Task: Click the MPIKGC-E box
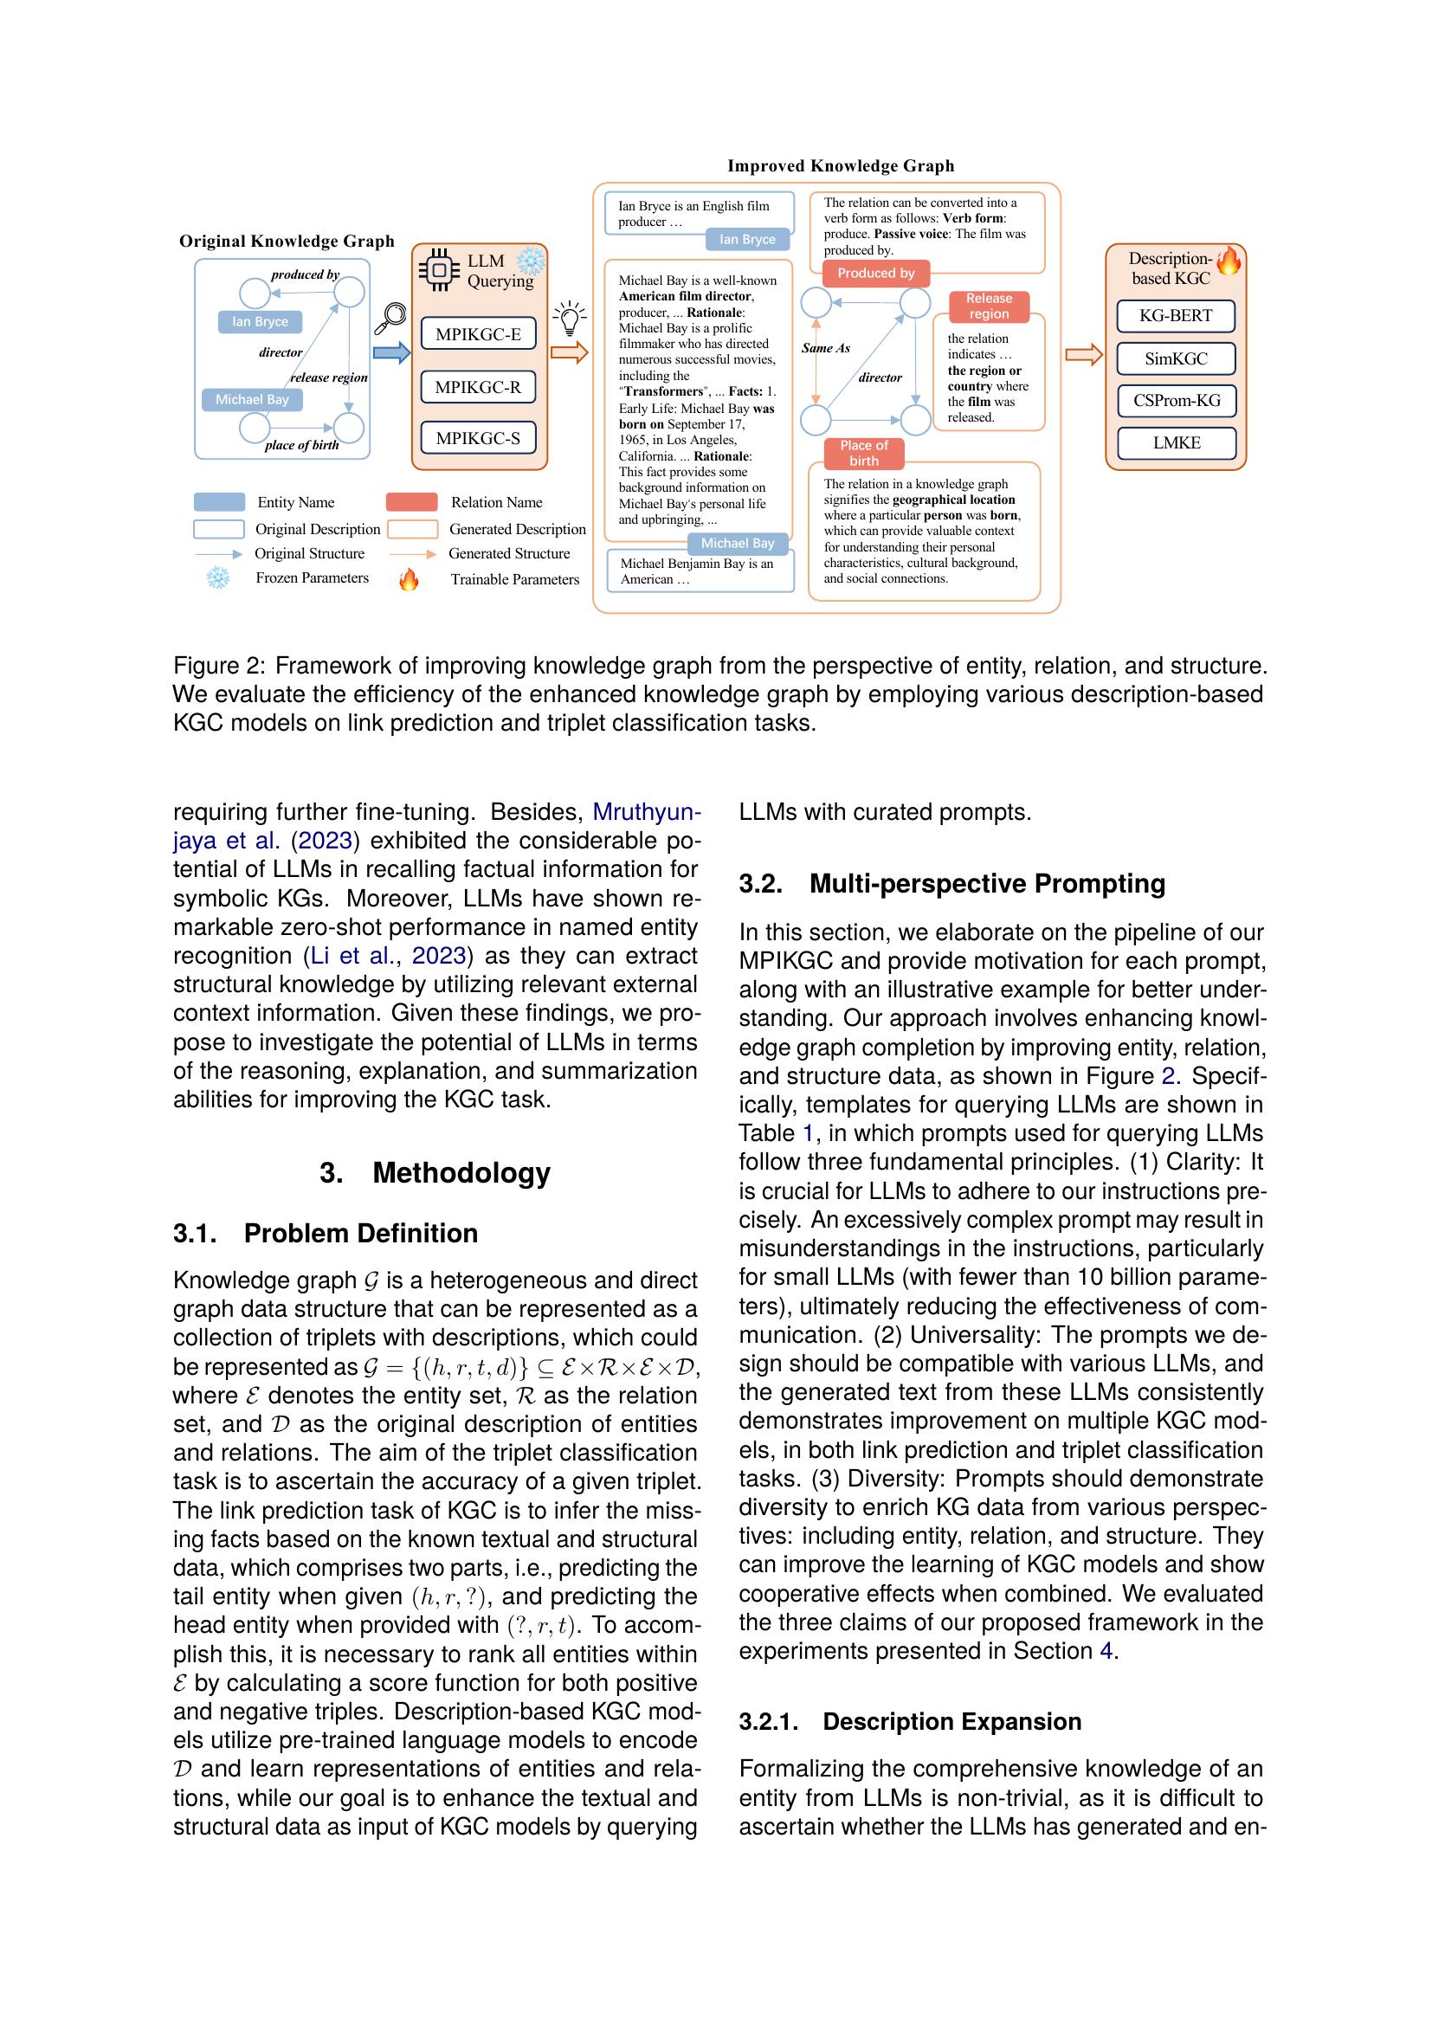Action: coord(478,334)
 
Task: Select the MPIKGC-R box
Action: coord(478,386)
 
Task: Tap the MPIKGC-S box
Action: coord(478,438)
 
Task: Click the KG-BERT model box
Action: coord(1176,316)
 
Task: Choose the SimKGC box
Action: coord(1176,359)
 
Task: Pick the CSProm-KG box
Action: coord(1176,401)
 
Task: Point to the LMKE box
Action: coord(1176,442)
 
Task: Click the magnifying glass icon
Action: coord(391,319)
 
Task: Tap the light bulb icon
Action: coord(570,318)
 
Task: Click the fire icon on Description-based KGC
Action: coord(1228,261)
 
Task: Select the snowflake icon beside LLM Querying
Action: coord(531,261)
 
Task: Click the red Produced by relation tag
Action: coord(875,274)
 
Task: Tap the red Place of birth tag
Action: coord(863,454)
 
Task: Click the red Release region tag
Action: coord(989,306)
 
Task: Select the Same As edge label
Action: coord(825,348)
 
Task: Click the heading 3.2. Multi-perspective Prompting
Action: coord(951,884)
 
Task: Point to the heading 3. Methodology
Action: coord(435,1172)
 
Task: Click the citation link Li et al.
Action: coord(351,956)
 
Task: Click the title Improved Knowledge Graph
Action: coord(841,166)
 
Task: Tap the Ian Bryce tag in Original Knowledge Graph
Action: coord(260,322)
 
